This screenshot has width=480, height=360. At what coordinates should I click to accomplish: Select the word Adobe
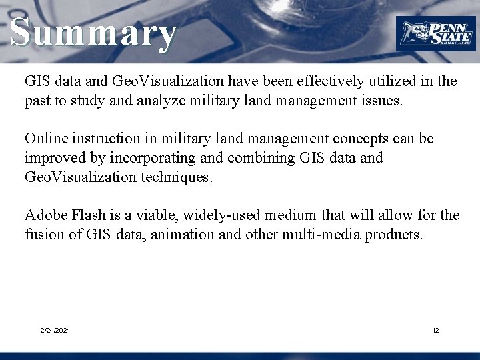45,215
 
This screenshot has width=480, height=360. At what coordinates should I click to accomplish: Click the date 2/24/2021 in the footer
55,331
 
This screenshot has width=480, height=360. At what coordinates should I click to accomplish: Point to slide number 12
435,331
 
